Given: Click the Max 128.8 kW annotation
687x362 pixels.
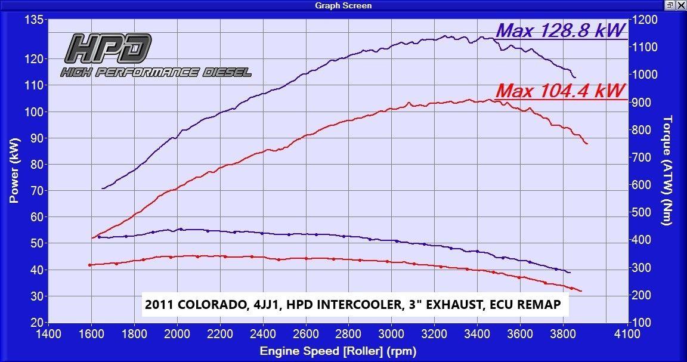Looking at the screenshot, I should point(561,30).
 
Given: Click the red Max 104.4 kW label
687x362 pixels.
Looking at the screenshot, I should point(561,91).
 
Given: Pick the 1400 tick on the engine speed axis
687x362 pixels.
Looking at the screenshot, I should point(48,334).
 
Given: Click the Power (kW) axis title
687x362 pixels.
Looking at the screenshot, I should point(14,171).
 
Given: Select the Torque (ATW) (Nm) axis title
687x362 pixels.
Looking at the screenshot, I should point(667,171).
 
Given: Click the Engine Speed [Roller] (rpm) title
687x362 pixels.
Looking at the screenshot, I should point(338,351).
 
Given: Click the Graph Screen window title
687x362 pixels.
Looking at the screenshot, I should point(343,5).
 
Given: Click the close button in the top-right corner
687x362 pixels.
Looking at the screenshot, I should point(680,5).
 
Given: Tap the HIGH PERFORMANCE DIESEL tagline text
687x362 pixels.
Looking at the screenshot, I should point(156,73).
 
